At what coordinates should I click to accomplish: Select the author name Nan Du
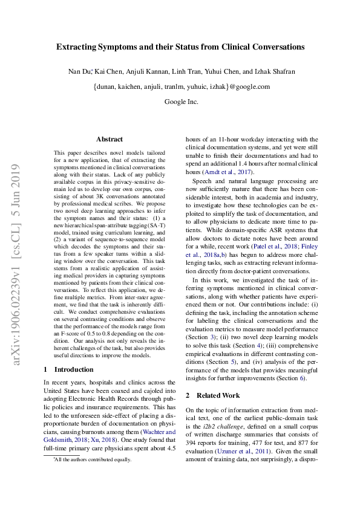(79, 72)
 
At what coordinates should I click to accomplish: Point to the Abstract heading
(110, 139)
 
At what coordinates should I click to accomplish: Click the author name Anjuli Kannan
(149, 72)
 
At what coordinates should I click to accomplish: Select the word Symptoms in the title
(128, 47)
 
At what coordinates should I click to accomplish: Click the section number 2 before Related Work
(188, 395)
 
